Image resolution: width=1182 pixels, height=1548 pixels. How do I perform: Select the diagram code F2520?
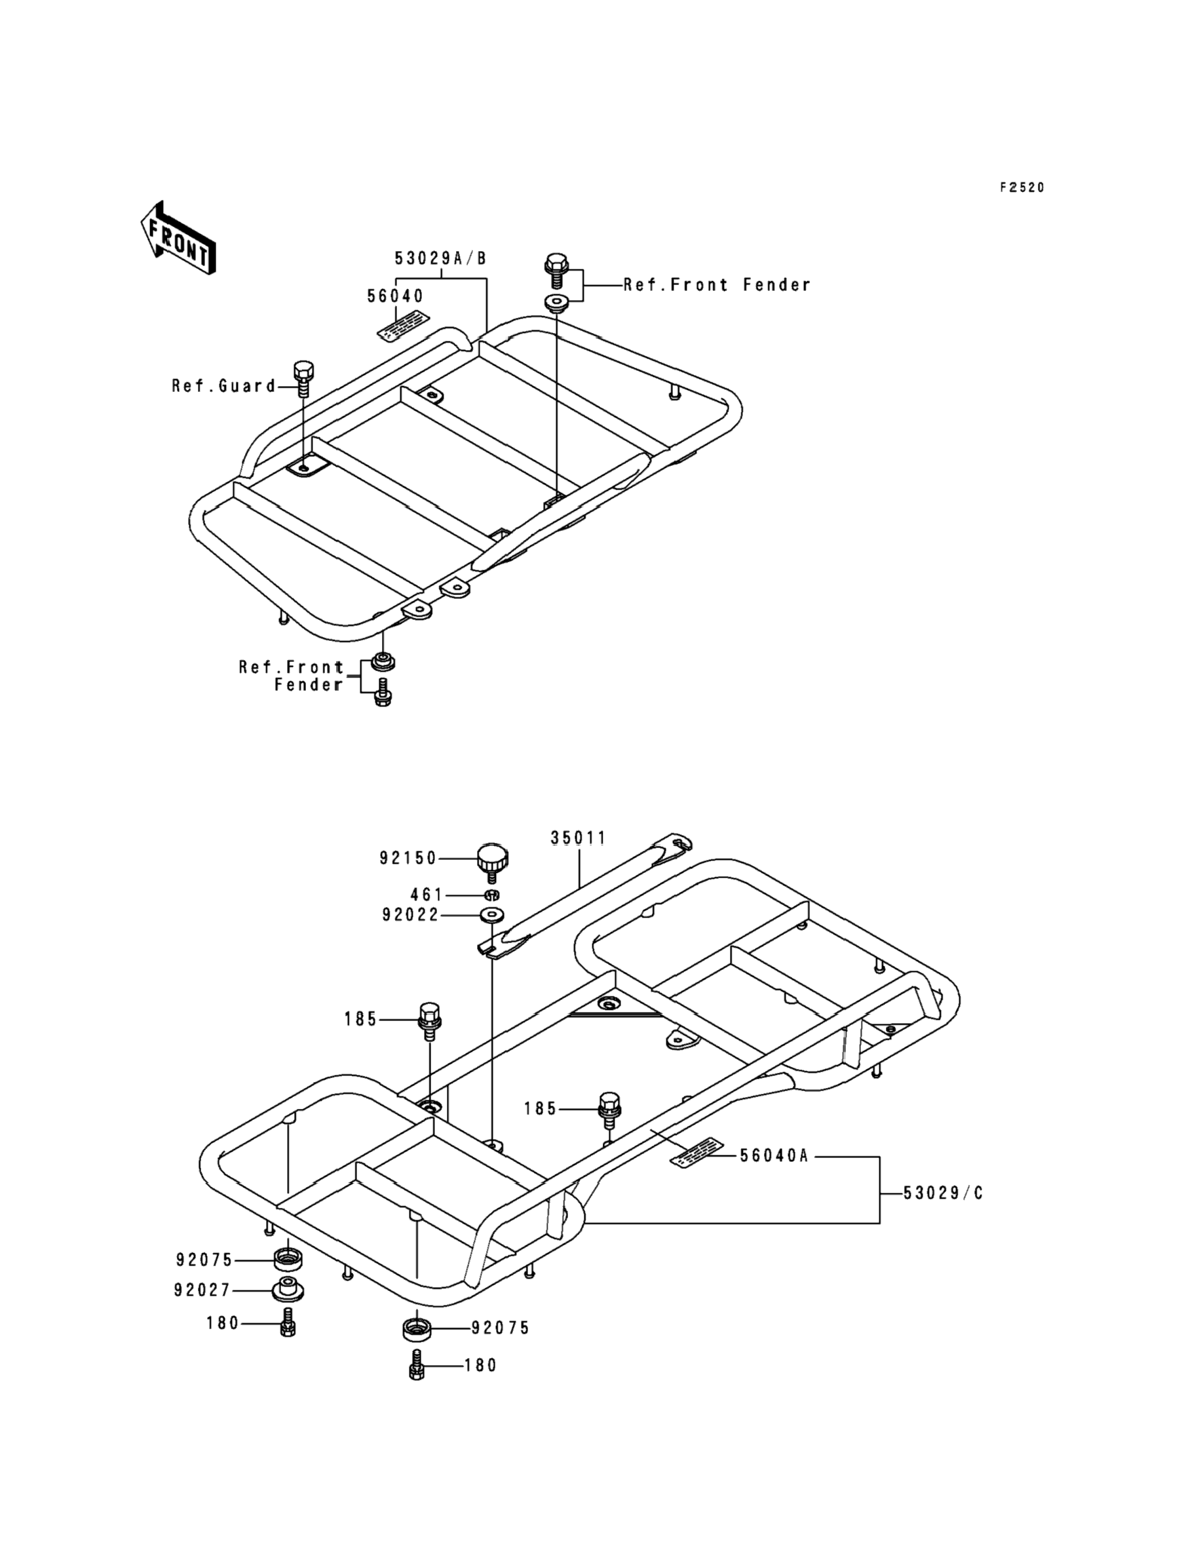coord(1022,187)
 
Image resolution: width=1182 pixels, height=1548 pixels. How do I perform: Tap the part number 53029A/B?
coord(440,258)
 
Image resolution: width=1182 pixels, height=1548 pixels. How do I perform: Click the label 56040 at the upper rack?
coord(395,296)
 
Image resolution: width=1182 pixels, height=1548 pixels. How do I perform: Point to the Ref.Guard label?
coord(223,385)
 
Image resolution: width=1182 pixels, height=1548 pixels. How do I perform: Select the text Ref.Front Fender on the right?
coord(717,285)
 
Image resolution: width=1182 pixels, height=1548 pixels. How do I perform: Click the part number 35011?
coord(578,838)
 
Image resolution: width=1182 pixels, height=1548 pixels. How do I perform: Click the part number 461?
coord(427,895)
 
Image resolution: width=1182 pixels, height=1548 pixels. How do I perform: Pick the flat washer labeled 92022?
coord(493,916)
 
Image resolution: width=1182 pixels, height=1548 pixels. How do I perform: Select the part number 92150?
coord(408,859)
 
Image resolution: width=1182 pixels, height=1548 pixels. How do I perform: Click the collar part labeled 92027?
coord(288,1290)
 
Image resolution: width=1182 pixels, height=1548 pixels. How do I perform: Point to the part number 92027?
coord(202,1290)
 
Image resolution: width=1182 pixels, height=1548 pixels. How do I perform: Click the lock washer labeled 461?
coord(493,895)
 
